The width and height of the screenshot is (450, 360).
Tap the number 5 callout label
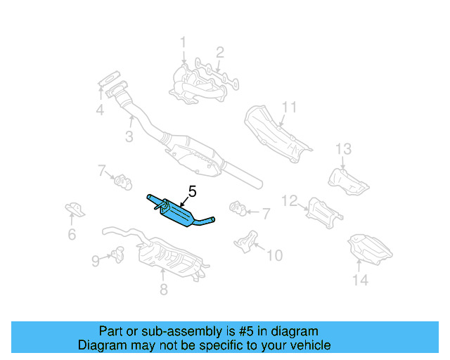coord(192,190)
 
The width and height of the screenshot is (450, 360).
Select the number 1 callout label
coord(183,43)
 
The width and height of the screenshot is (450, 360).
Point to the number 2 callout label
coord(220,51)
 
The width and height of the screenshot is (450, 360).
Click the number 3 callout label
coord(129,138)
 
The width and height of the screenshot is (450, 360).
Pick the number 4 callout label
coord(100,110)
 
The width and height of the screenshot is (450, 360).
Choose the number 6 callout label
coord(72,236)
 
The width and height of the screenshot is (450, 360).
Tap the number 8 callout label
coord(163,290)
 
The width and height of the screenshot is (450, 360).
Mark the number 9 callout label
coord(96,261)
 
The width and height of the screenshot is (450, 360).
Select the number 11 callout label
coord(290,107)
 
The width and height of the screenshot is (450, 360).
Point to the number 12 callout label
coord(290,201)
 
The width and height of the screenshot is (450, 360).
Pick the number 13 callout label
coord(342,148)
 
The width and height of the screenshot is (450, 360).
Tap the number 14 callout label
coord(359,281)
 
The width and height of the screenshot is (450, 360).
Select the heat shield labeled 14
coord(370,248)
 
